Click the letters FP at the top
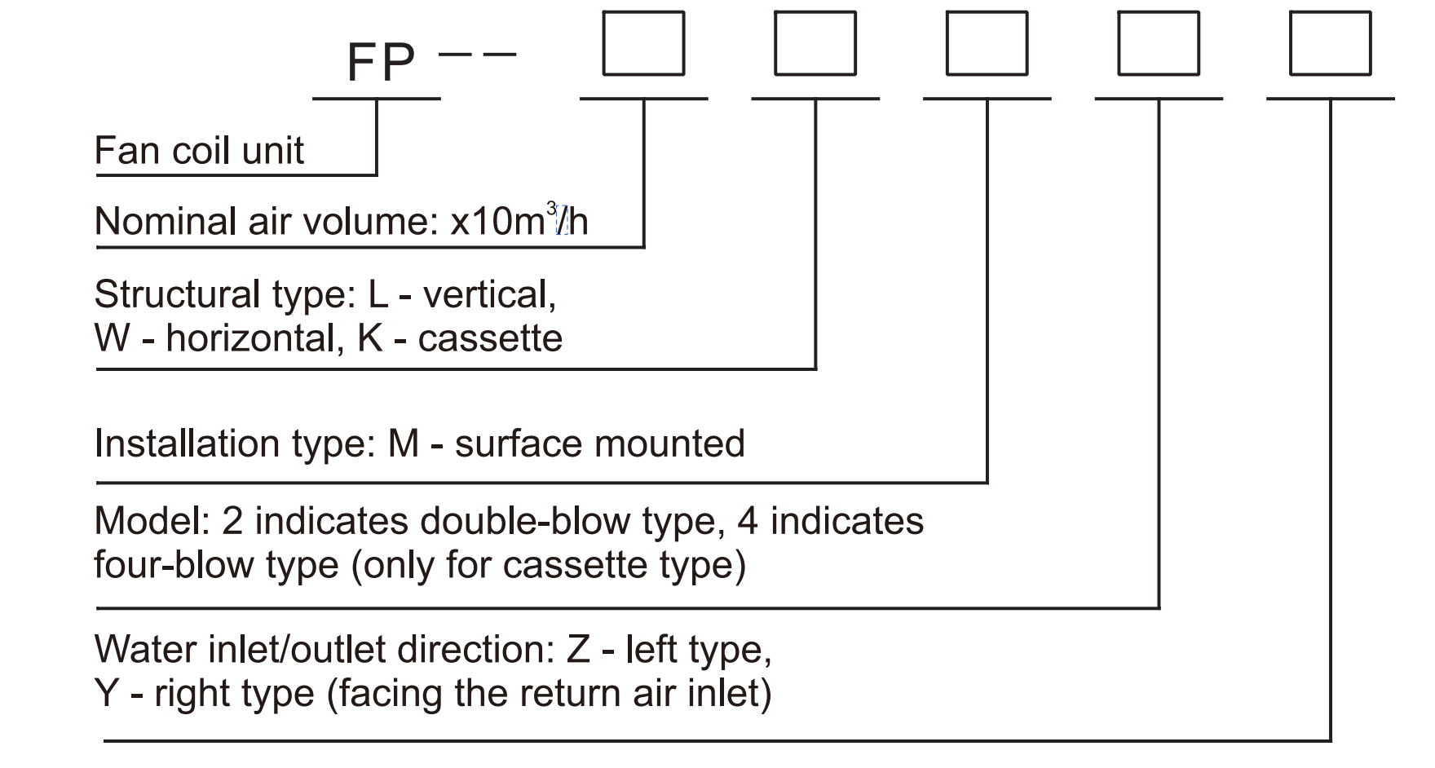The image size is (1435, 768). pos(381,63)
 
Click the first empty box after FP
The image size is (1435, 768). pos(643,43)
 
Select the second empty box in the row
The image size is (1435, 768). pos(815,43)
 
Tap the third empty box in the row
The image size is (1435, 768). pos(987,43)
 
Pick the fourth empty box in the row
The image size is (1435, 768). pos(1159,43)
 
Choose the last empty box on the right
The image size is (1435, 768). pos(1330,43)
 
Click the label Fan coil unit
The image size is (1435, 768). pos(199,151)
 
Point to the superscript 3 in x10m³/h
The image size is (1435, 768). pos(551,209)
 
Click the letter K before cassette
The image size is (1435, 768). pos(369,338)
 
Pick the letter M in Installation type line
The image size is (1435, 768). pos(404,444)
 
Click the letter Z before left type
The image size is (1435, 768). pos(578,650)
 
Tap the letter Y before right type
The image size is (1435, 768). pos(107,694)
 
